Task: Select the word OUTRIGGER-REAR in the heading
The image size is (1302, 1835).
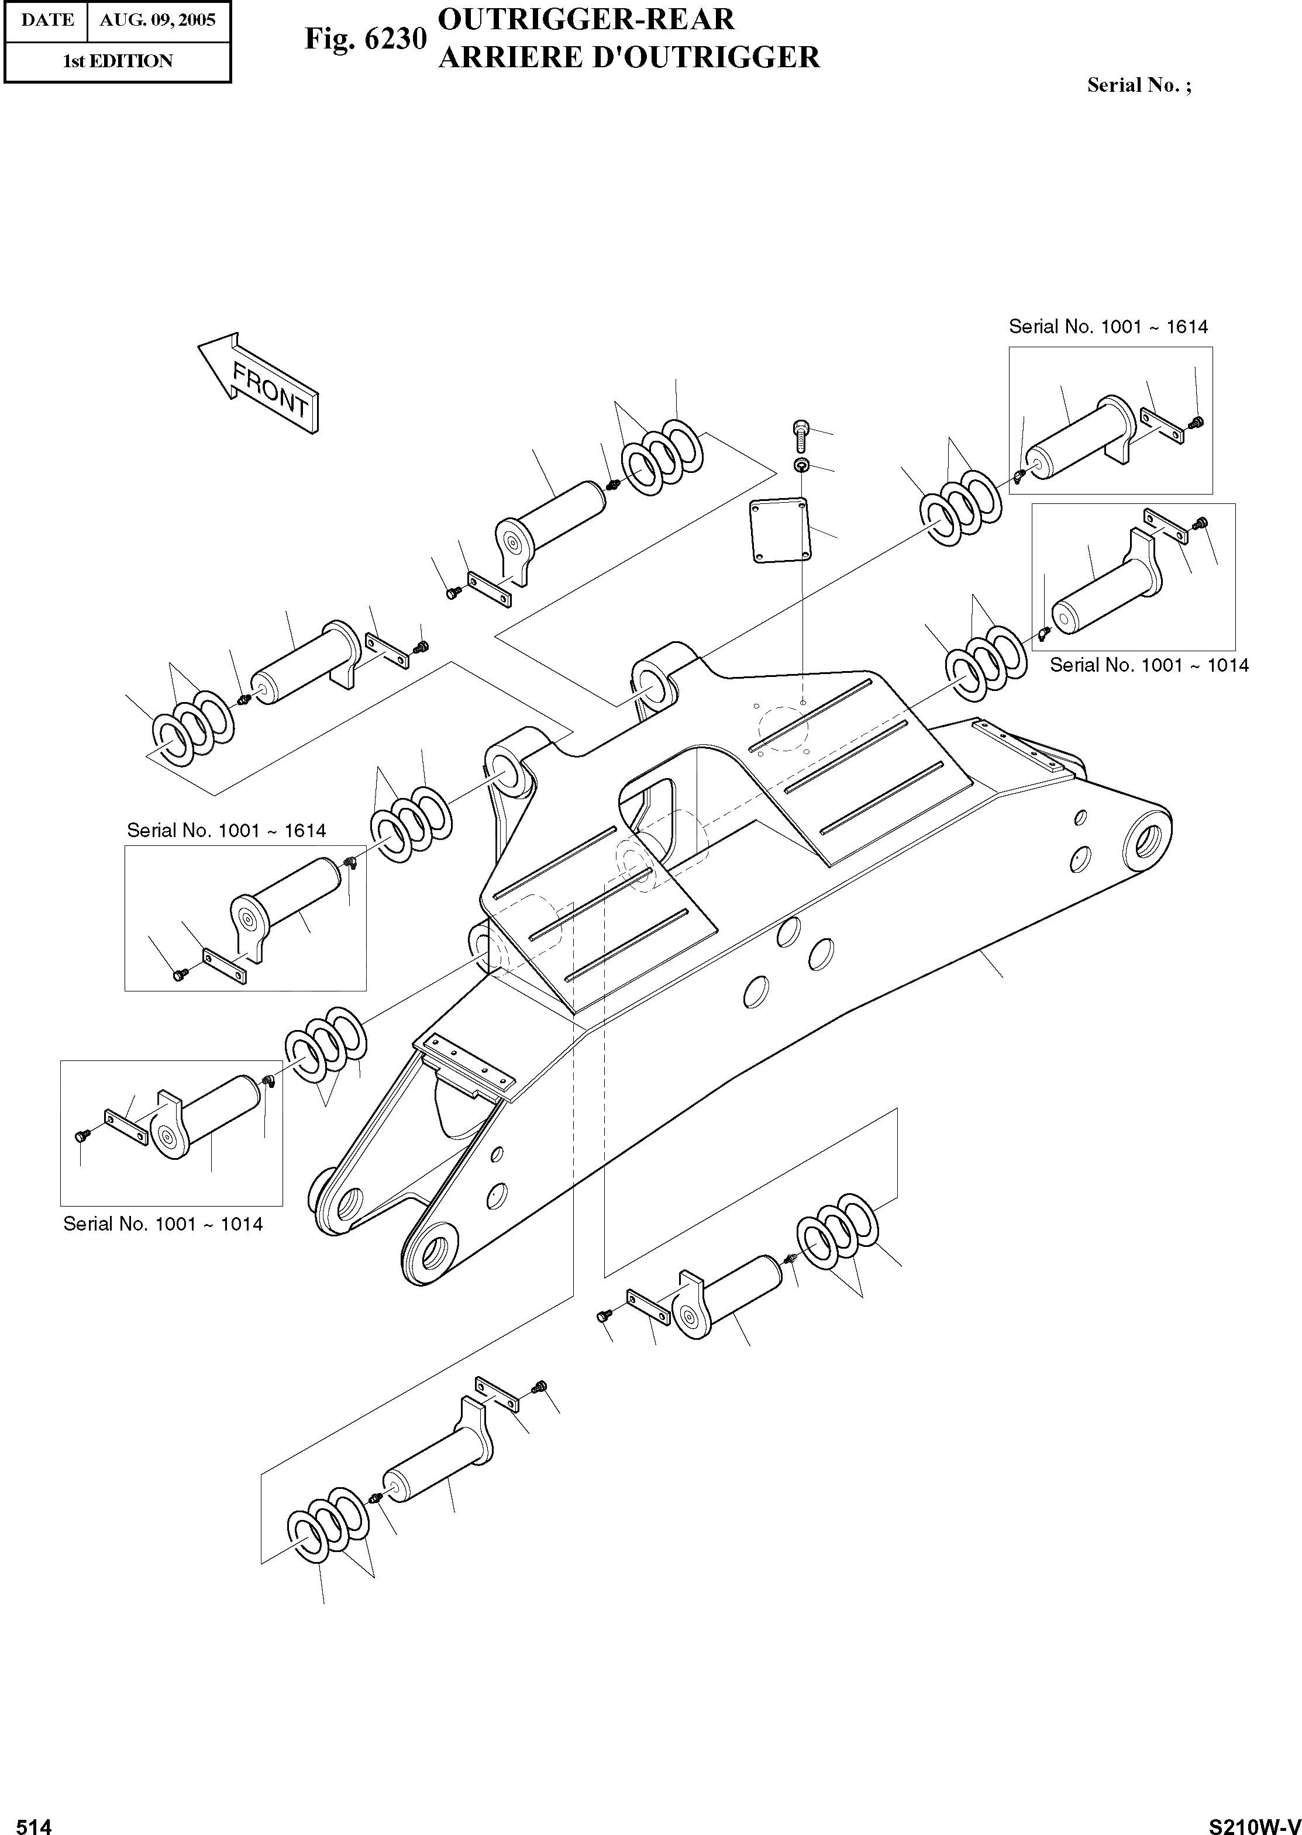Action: (x=586, y=19)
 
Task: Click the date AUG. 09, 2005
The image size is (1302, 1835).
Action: (x=158, y=20)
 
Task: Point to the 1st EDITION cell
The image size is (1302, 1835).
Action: (x=118, y=61)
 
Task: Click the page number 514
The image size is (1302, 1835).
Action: (x=34, y=1820)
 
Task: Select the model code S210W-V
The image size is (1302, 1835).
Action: (x=1254, y=1820)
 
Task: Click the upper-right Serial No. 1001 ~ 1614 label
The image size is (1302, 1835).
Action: (x=1108, y=326)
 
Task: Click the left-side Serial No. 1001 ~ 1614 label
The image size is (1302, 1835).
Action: (x=226, y=830)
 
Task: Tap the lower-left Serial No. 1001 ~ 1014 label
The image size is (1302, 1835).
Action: (x=163, y=1224)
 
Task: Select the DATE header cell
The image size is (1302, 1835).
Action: (x=47, y=20)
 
